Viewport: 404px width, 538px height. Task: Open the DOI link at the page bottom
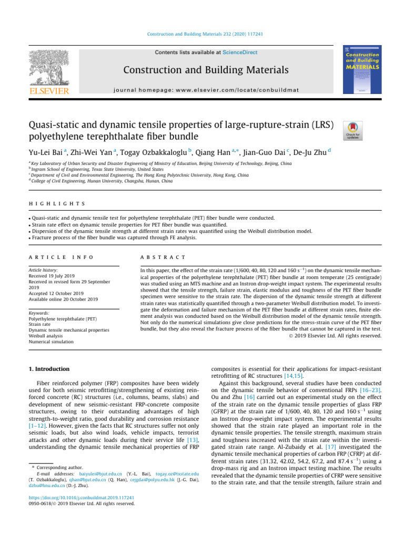click(79, 498)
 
